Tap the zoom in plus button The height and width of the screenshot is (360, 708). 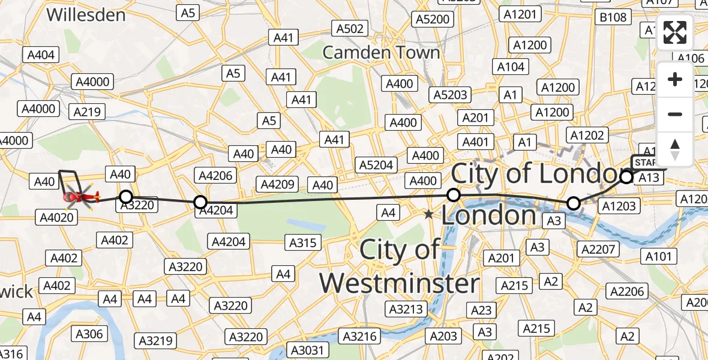[675, 79]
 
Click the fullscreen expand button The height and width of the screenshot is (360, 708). [675, 32]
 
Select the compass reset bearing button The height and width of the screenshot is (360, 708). [675, 149]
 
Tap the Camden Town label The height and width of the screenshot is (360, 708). [381, 52]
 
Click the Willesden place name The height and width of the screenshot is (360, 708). [86, 14]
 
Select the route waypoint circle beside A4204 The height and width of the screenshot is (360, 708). [200, 202]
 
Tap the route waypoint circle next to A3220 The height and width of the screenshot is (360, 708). [125, 196]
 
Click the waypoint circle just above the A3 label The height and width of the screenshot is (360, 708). [574, 203]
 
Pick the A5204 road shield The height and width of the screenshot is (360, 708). [376, 165]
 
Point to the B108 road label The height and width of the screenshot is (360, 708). [613, 17]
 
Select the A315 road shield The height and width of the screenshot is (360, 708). [304, 242]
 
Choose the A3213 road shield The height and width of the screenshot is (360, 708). [406, 310]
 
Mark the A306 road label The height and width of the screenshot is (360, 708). [89, 334]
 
